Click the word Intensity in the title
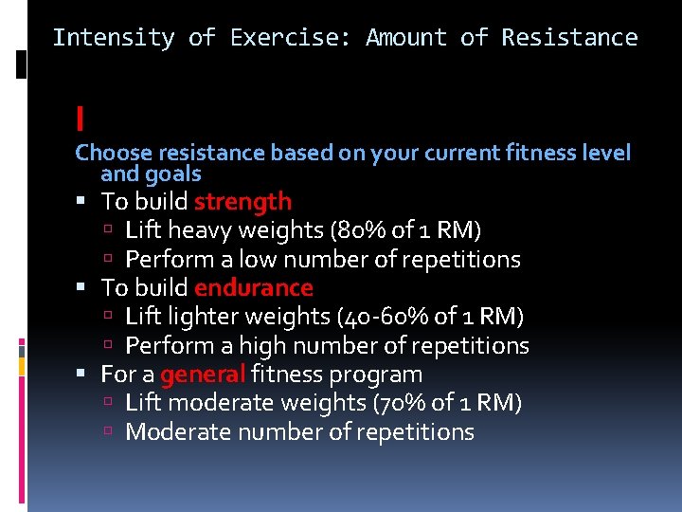click(x=114, y=38)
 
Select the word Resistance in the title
click(x=569, y=38)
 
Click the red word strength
click(x=242, y=201)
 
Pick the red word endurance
click(x=253, y=287)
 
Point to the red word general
click(x=203, y=375)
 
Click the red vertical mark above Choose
click(x=81, y=119)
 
